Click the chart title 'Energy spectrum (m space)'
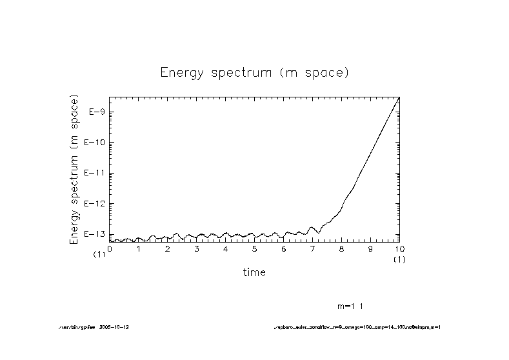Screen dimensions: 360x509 (254, 73)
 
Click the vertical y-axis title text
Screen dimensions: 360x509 (74, 170)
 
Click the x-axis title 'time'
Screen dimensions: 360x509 (254, 272)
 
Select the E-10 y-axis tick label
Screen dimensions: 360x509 (95, 143)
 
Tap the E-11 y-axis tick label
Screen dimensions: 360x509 (95, 173)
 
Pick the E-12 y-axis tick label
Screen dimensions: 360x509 (95, 204)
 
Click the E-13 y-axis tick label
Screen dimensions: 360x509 (95, 234)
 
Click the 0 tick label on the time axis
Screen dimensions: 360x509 (110, 248)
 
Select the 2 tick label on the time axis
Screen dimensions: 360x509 (167, 248)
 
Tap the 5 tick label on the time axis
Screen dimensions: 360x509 (254, 248)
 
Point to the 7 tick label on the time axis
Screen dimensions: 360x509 (312, 248)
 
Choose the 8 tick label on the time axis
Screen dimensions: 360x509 (341, 248)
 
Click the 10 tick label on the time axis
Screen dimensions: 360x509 (399, 248)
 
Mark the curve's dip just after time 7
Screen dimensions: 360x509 (318, 232)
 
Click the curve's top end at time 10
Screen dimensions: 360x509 (399, 97)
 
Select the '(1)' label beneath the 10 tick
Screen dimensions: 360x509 (399, 259)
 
